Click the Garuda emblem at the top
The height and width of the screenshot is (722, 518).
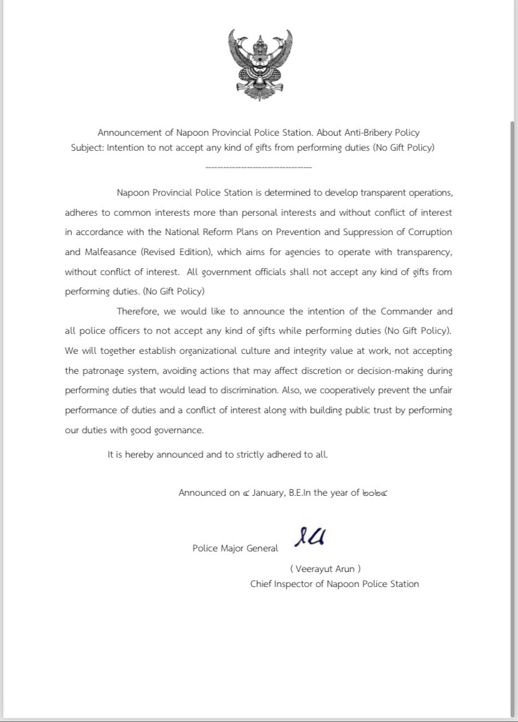(260, 64)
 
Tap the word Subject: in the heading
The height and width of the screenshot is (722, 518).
(87, 148)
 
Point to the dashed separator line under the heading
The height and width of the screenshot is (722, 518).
(258, 168)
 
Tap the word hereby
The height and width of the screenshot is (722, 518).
(139, 454)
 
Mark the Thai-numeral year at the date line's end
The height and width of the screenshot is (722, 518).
(375, 493)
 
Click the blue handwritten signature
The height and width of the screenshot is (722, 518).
(310, 536)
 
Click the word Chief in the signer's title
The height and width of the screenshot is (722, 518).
(263, 584)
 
